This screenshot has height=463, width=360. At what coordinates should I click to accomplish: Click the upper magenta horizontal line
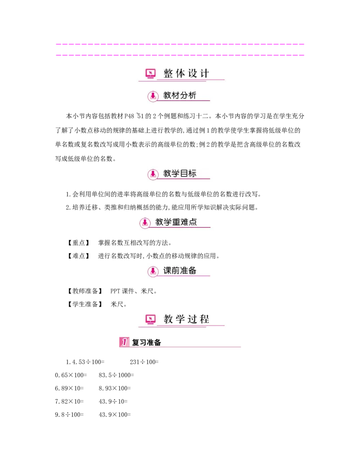coord(180,45)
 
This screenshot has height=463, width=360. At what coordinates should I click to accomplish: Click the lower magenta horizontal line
coord(180,55)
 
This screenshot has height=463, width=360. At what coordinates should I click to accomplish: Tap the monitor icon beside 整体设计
coord(150,73)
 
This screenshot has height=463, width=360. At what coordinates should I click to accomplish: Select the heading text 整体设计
coord(187,73)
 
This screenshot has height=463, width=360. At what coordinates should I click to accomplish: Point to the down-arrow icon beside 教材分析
coord(153,96)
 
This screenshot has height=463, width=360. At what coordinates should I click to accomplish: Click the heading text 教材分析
coord(180,95)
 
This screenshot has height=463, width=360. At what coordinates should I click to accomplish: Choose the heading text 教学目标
coord(180,174)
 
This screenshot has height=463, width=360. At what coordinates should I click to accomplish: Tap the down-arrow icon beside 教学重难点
coord(145,222)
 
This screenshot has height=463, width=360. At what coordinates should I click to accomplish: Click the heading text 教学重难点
coord(176,222)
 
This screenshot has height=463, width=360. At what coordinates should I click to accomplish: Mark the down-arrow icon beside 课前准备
coord(153,271)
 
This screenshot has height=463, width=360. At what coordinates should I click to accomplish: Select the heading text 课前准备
coord(180,271)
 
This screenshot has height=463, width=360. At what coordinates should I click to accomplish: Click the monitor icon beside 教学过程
coord(150,319)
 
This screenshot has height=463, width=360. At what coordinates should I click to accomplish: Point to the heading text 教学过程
coord(187,319)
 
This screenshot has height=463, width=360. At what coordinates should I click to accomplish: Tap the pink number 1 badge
coord(124,342)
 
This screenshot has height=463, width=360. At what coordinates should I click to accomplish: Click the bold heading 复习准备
coord(147,342)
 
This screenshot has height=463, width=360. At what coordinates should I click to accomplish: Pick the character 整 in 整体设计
coord(168,73)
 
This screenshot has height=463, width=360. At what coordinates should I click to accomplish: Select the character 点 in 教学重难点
coord(193,222)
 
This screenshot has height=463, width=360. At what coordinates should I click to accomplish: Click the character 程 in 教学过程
coord(205,319)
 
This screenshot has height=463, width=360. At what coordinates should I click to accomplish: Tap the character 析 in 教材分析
coord(192,95)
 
